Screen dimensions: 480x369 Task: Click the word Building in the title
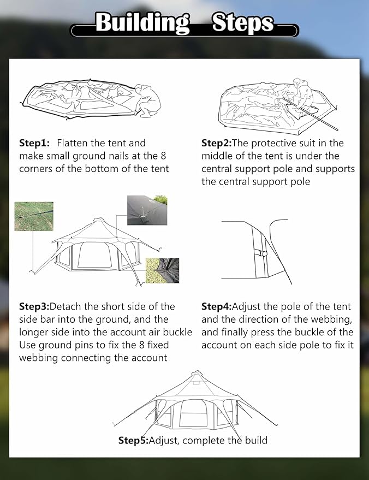(142, 23)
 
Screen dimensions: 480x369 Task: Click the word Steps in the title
(243, 23)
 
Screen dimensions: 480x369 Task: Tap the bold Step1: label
(34, 143)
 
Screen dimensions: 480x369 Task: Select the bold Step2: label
(217, 143)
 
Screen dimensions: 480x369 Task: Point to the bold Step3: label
(34, 306)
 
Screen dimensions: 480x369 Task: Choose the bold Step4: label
(217, 306)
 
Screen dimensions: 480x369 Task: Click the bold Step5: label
(133, 440)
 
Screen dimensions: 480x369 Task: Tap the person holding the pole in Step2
(302, 92)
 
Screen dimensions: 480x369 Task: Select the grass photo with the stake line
(34, 216)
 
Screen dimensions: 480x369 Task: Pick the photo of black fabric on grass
(162, 271)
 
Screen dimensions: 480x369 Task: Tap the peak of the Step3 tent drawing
(97, 220)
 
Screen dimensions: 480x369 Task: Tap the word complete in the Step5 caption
(205, 440)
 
